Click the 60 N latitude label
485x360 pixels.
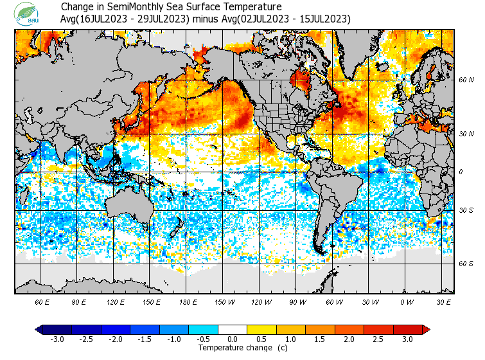[x=466, y=80]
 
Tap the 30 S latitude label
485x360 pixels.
[x=466, y=211]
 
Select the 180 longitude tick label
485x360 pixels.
[x=188, y=301]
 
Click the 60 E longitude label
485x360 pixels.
[x=42, y=301]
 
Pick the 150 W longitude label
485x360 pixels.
[x=224, y=301]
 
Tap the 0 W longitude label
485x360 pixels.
[x=407, y=301]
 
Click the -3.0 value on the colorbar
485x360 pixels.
[x=57, y=339]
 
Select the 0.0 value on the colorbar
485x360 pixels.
[x=233, y=339]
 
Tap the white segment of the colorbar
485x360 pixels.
[x=233, y=330]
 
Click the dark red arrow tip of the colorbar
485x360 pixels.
[x=426, y=330]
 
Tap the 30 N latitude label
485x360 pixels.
[x=466, y=134]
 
